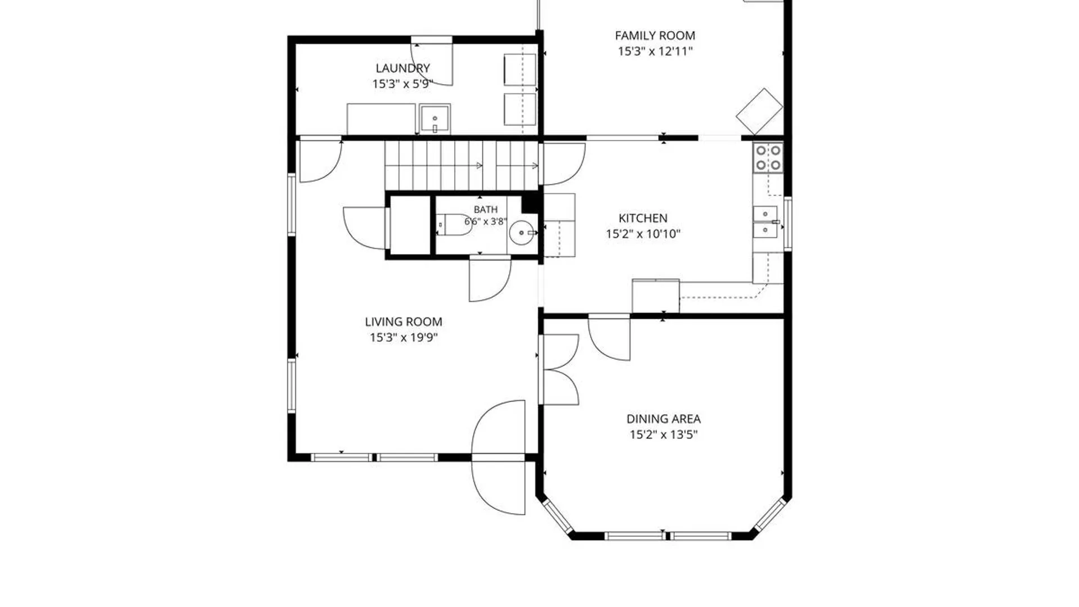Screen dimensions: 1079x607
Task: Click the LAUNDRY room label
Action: [402, 68]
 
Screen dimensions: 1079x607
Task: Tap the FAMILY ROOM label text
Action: [655, 35]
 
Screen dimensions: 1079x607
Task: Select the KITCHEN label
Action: [643, 218]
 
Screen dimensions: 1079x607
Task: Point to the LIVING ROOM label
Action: [404, 321]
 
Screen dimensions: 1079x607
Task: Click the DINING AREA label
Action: [663, 419]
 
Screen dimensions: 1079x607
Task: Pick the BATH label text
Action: [486, 210]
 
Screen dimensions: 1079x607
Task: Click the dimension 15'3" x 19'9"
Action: [404, 337]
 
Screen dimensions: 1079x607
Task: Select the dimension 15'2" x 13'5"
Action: [663, 434]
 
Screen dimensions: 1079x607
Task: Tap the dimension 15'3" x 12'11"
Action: [655, 51]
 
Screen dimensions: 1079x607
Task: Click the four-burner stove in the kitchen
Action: [768, 157]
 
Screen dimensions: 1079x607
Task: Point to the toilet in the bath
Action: [455, 225]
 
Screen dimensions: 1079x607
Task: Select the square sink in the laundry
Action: [434, 119]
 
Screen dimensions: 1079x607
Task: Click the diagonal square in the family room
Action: [759, 111]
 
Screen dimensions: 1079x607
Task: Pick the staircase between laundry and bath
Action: [462, 165]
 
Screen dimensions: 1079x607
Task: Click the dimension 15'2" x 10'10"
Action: [643, 234]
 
